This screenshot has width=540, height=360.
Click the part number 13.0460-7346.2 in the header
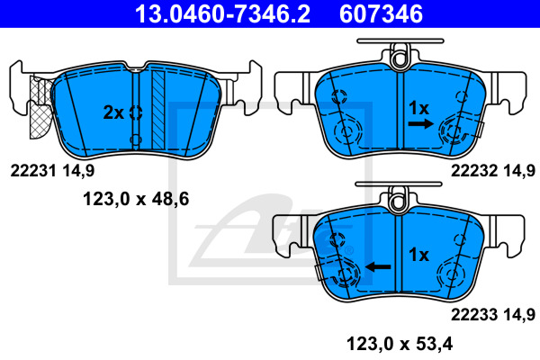(x=222, y=14)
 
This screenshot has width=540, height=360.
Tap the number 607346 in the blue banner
(x=381, y=14)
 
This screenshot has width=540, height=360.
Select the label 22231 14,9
(x=52, y=171)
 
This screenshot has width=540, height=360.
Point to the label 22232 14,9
(x=493, y=171)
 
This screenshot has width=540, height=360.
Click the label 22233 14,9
(x=493, y=314)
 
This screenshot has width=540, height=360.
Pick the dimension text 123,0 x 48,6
(x=136, y=199)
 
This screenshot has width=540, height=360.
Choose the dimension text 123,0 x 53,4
(x=400, y=344)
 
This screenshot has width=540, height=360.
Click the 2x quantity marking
(x=113, y=112)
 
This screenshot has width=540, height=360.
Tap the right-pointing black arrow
(x=421, y=123)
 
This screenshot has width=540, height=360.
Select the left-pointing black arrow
(x=378, y=266)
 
